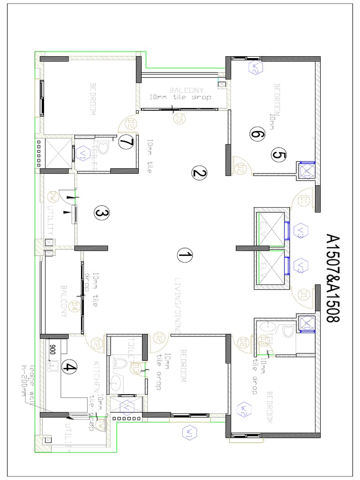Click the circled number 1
pyautogui.click(x=185, y=255)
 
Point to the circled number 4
pyautogui.click(x=69, y=367)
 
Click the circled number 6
pyautogui.click(x=256, y=135)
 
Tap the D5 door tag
pyautogui.click(x=177, y=120)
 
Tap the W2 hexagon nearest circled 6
pyautogui.click(x=255, y=67)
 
